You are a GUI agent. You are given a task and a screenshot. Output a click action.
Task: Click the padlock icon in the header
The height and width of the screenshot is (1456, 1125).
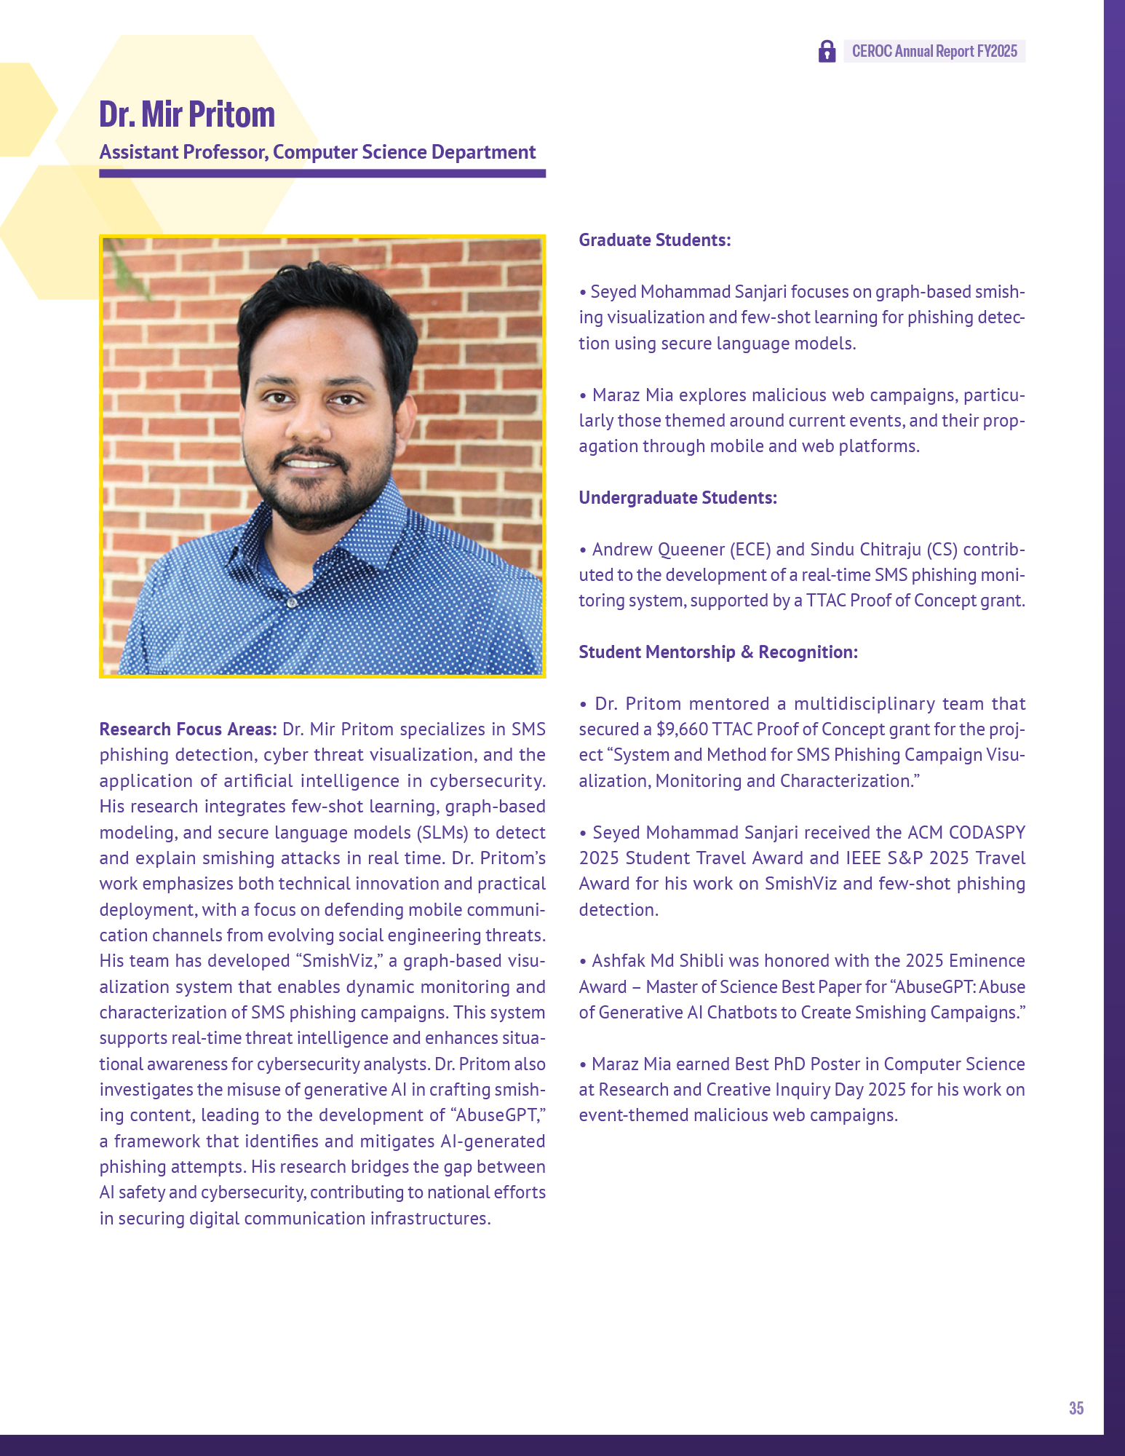pos(827,51)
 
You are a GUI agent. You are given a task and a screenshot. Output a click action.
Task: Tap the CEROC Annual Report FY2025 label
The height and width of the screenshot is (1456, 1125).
pos(934,51)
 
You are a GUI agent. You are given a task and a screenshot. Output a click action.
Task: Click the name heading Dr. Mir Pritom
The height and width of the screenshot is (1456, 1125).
pos(187,114)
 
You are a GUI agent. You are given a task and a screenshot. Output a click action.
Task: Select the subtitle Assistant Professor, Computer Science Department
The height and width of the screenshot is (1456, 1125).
pos(317,152)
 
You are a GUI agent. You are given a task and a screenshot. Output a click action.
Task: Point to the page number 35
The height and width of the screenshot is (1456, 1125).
pos(1076,1408)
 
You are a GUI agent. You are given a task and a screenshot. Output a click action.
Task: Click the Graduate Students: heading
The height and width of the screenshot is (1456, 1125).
pos(654,240)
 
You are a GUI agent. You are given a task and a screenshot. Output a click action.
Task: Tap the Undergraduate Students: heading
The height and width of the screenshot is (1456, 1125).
pos(677,498)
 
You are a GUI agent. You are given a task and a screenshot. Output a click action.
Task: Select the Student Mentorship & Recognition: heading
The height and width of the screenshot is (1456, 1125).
pos(718,652)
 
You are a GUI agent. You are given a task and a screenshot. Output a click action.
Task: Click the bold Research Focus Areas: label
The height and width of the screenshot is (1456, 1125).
pos(188,729)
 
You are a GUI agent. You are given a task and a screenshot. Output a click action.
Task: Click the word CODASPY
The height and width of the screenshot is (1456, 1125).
pos(987,833)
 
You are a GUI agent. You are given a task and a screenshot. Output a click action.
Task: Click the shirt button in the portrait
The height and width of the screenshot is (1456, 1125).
pos(292,603)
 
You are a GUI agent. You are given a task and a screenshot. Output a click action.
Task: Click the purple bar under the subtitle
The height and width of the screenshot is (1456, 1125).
pos(322,173)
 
